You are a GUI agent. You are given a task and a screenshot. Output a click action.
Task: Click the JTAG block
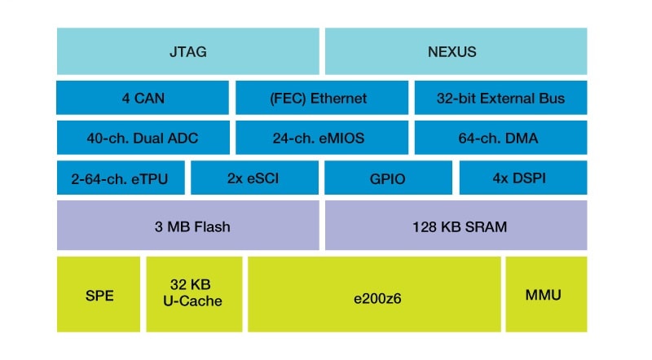[187, 51]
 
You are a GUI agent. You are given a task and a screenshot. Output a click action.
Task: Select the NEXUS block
[456, 51]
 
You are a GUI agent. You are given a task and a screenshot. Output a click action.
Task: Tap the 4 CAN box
[143, 98]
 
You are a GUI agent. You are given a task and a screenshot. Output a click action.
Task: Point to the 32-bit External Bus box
[500, 98]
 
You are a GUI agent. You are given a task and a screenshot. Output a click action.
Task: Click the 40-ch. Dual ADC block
[143, 138]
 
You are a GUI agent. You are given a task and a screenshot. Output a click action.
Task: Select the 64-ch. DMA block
[500, 138]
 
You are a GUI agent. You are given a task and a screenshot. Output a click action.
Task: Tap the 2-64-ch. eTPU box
[121, 178]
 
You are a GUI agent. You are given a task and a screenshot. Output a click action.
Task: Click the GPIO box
[388, 178]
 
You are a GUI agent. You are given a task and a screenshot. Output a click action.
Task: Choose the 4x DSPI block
[522, 178]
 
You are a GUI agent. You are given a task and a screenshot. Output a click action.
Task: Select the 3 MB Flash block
[187, 226]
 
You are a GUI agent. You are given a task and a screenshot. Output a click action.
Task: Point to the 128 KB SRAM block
[456, 226]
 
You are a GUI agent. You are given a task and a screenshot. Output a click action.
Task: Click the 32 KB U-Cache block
[194, 294]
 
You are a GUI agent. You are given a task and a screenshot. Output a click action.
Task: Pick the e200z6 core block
[374, 294]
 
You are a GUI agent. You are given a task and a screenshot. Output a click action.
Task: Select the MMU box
[545, 294]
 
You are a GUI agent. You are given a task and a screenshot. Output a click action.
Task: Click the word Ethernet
[337, 98]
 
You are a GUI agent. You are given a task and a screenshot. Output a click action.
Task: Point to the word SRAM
[487, 226]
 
